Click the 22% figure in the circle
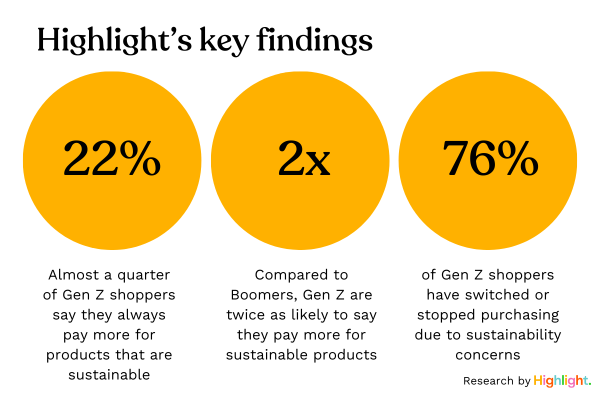pyautogui.click(x=112, y=159)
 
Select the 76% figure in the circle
pyautogui.click(x=490, y=159)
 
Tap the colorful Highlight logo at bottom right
pyautogui.click(x=562, y=380)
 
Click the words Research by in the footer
pyautogui.click(x=496, y=381)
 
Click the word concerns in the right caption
pyautogui.click(x=487, y=355)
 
